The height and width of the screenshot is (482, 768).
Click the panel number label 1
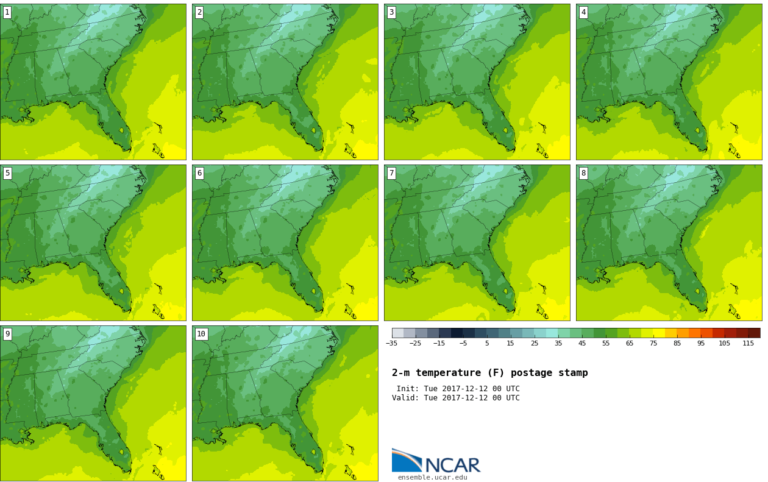tap(7, 12)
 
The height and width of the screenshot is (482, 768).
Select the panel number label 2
tap(199, 12)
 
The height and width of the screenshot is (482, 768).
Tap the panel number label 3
tap(391, 12)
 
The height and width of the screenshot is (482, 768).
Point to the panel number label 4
tap(583, 12)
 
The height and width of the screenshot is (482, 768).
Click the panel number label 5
tap(7, 173)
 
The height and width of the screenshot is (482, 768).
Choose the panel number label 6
tap(199, 173)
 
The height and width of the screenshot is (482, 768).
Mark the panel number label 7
tap(391, 173)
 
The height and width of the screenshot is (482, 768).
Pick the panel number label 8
tap(583, 173)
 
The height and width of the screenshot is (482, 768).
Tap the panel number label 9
tap(7, 334)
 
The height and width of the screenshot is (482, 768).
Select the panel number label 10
tap(201, 334)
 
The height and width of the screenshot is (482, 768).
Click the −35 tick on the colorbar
tap(391, 343)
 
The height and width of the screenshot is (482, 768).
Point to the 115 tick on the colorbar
tap(748, 343)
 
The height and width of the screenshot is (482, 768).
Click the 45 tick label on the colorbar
tap(582, 343)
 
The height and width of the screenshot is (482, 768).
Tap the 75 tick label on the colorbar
tap(653, 343)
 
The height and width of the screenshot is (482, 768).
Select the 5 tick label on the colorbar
tap(486, 343)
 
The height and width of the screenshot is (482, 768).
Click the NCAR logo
tap(436, 461)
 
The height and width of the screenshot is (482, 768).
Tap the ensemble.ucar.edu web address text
tap(433, 478)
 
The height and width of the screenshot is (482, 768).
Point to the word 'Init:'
tap(408, 389)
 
